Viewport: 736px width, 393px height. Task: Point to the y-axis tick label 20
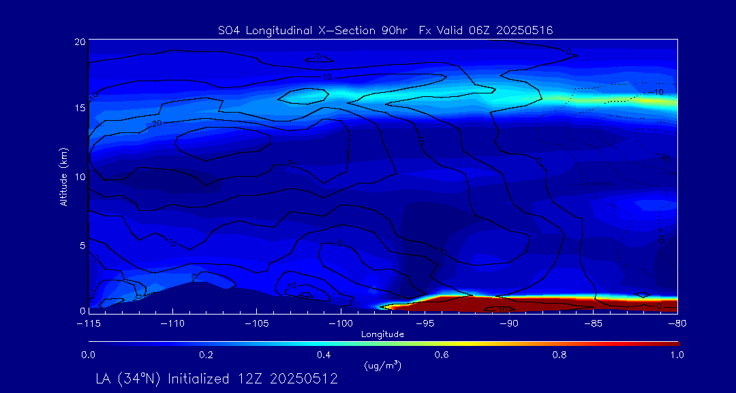[x=79, y=42]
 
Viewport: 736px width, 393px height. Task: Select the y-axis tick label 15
[x=79, y=108]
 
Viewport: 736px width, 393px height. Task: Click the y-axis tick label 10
[x=79, y=176]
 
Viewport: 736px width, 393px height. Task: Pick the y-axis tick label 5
[x=82, y=244]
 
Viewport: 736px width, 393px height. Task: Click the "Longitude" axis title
[x=382, y=334]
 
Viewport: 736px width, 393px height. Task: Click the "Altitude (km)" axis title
[x=64, y=176]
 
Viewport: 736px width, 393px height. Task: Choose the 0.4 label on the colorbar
[x=324, y=355]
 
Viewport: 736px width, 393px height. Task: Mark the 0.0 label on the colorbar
[x=88, y=355]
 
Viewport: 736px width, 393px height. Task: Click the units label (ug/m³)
[x=383, y=365]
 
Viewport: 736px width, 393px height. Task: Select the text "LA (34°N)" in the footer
[x=127, y=379]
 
